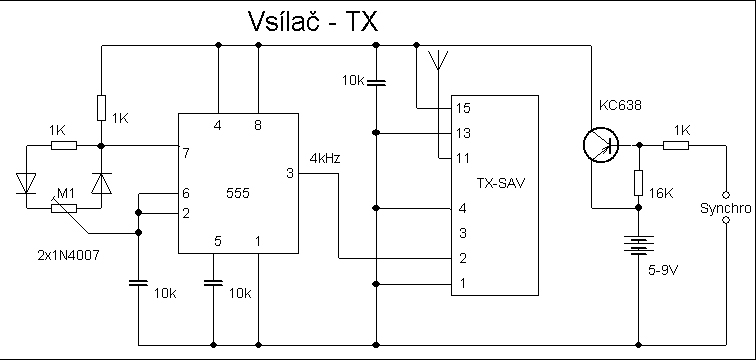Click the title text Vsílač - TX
coord(312,21)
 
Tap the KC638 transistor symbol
coord(600,145)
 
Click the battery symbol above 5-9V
coord(638,244)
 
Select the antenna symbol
coord(438,60)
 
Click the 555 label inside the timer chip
coord(238,193)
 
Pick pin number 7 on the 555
coord(186,153)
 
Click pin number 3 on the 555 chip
coord(289,173)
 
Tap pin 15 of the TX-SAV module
coord(463,108)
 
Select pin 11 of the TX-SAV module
coord(463,158)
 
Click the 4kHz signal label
coord(324,158)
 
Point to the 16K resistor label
coord(661,193)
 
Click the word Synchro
coord(725,208)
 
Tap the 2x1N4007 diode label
coord(68,255)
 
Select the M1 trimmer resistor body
coord(64,208)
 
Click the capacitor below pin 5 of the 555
coord(213,282)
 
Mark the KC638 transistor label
coord(620,105)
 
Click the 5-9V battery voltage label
coord(663,270)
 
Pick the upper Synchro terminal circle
coord(726,195)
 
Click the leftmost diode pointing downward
coord(26,184)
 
